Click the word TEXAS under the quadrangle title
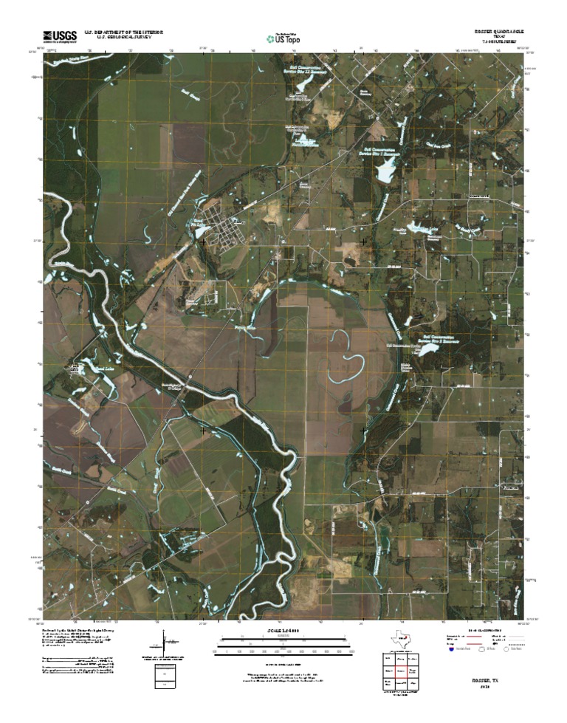501,38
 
